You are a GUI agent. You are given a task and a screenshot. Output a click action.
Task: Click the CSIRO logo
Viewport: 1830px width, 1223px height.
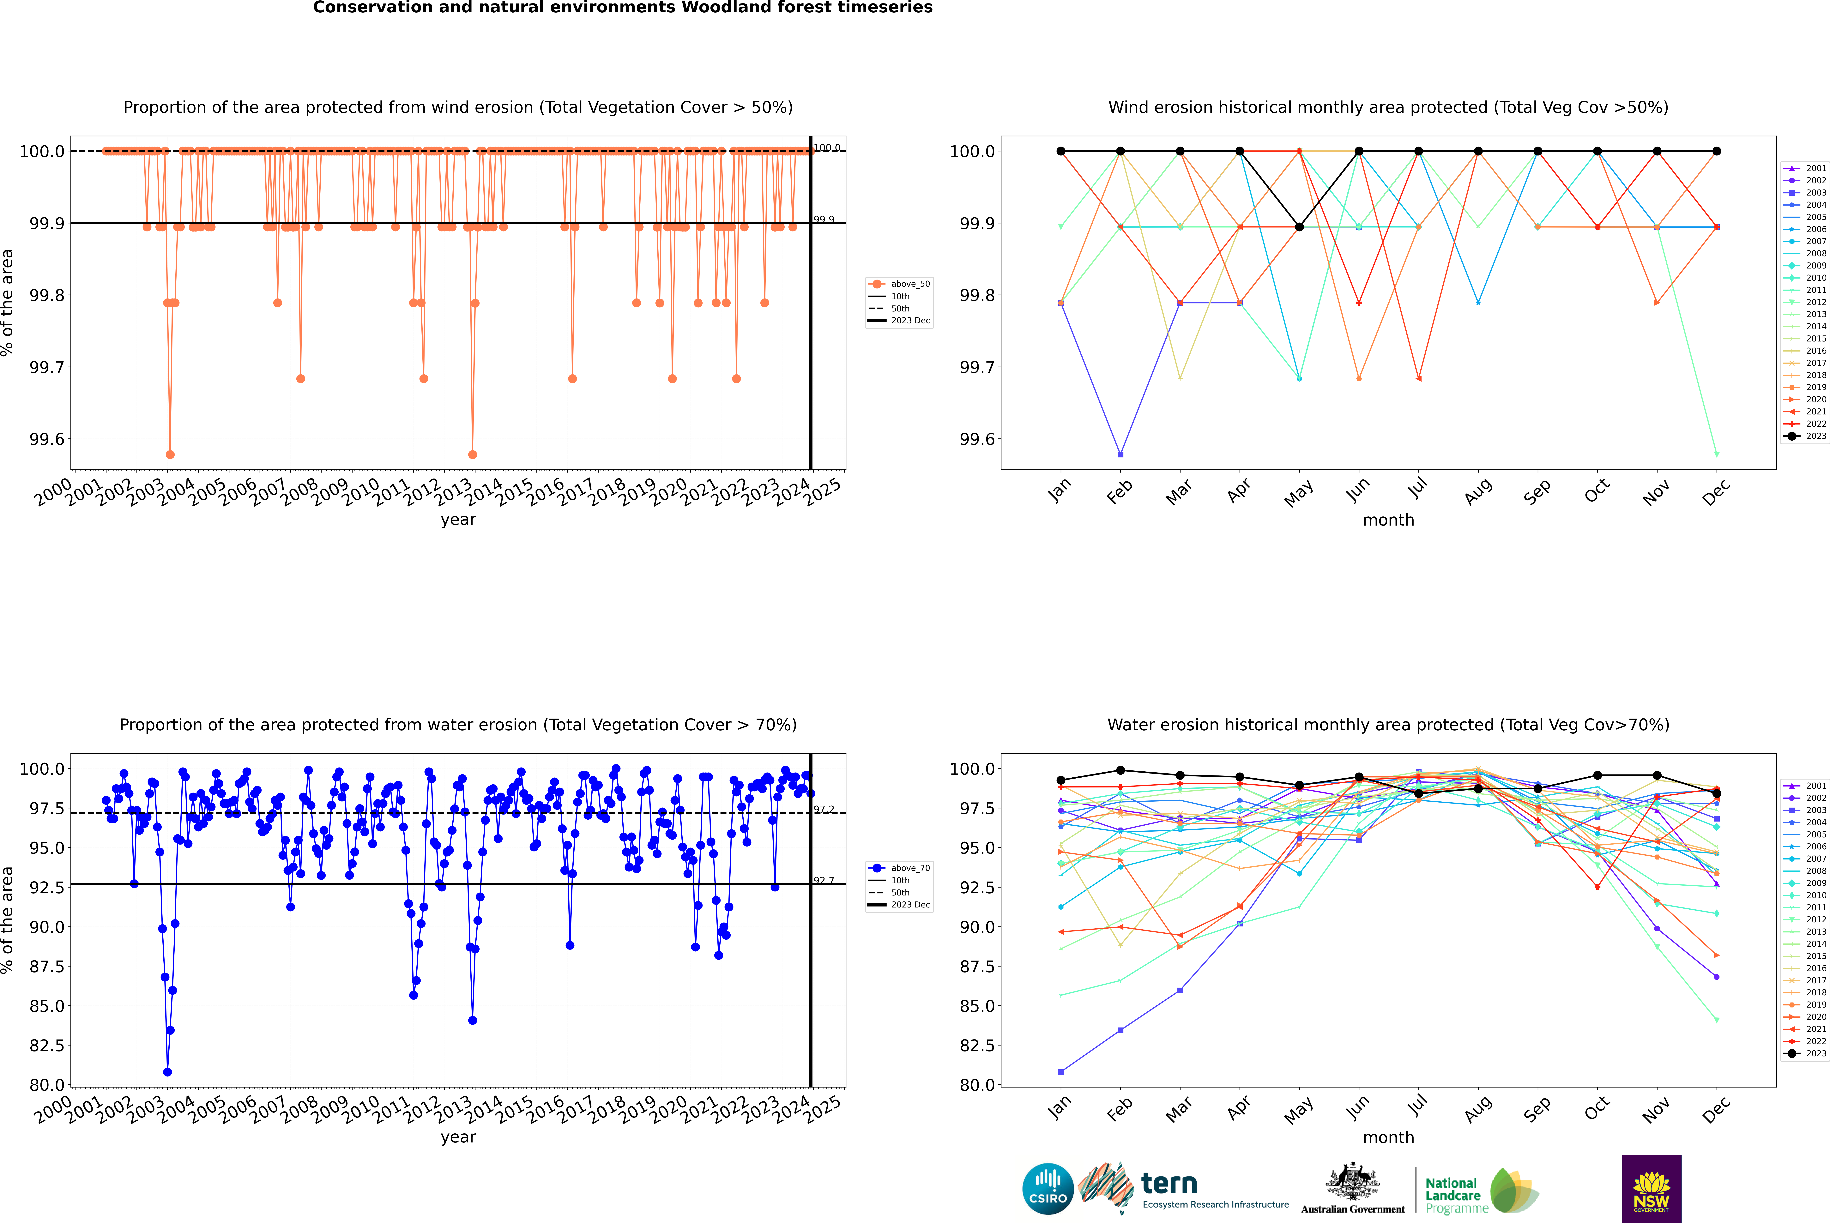(x=1048, y=1189)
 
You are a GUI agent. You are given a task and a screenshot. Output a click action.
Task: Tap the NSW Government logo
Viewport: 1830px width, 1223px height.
(x=1651, y=1189)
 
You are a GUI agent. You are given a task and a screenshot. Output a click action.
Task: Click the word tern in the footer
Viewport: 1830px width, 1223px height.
(x=1169, y=1183)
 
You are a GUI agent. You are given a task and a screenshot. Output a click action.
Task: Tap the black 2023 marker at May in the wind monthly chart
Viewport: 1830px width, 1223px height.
(x=1299, y=227)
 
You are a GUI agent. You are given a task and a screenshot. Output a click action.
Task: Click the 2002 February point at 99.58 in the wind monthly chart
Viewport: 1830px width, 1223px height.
(x=1120, y=454)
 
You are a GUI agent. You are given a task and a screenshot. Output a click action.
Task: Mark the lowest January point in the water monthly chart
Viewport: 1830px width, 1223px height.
(x=1061, y=1072)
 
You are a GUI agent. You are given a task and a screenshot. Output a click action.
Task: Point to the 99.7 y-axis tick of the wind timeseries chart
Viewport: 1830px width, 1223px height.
(x=47, y=367)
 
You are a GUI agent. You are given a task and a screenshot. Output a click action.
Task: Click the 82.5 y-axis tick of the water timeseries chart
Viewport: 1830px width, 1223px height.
(x=47, y=1045)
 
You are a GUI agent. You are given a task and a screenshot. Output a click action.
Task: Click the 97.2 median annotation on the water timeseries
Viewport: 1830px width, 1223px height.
(x=824, y=810)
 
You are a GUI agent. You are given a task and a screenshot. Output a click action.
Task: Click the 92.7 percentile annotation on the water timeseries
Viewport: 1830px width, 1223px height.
(x=824, y=881)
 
